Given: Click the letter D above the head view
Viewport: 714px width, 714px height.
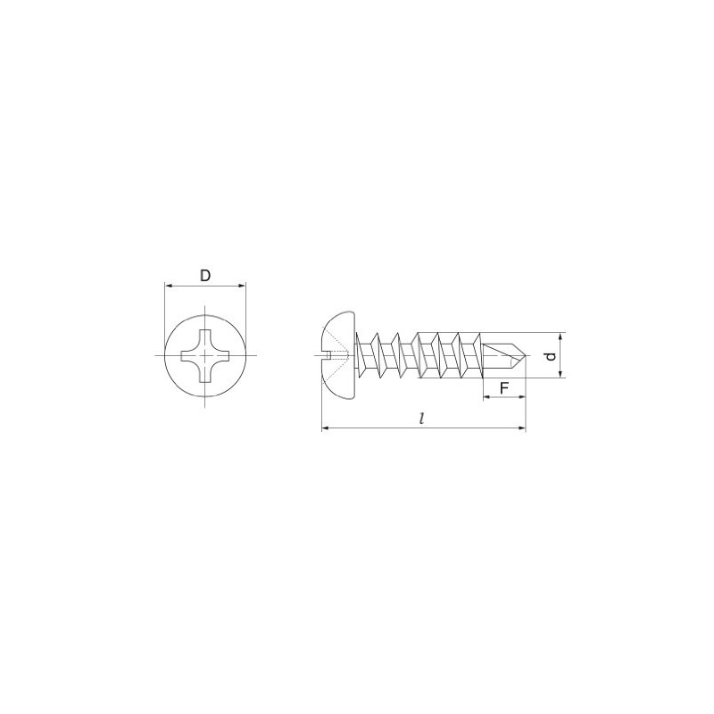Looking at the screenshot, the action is point(205,276).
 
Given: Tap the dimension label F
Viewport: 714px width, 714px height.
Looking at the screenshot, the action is point(504,388).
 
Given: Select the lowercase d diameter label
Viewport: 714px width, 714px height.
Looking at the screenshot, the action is point(552,356).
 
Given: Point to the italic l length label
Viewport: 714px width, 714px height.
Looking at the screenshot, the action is point(422,419).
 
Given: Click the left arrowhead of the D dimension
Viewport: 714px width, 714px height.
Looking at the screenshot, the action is point(168,286).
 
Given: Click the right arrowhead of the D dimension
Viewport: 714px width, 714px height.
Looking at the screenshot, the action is point(242,286).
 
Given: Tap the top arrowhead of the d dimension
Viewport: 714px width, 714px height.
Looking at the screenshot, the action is point(561,336).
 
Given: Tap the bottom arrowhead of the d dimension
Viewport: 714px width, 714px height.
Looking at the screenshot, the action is point(561,374).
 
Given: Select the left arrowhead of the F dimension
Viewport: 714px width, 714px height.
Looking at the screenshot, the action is point(486,397).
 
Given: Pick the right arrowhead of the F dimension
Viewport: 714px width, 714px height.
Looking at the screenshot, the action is point(522,397).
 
